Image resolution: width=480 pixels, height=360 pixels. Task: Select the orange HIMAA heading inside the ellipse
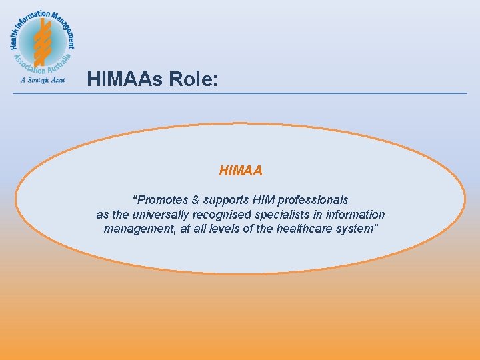241,171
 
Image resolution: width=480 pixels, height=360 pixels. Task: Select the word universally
159,215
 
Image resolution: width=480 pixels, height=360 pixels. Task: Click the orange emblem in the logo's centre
43,41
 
